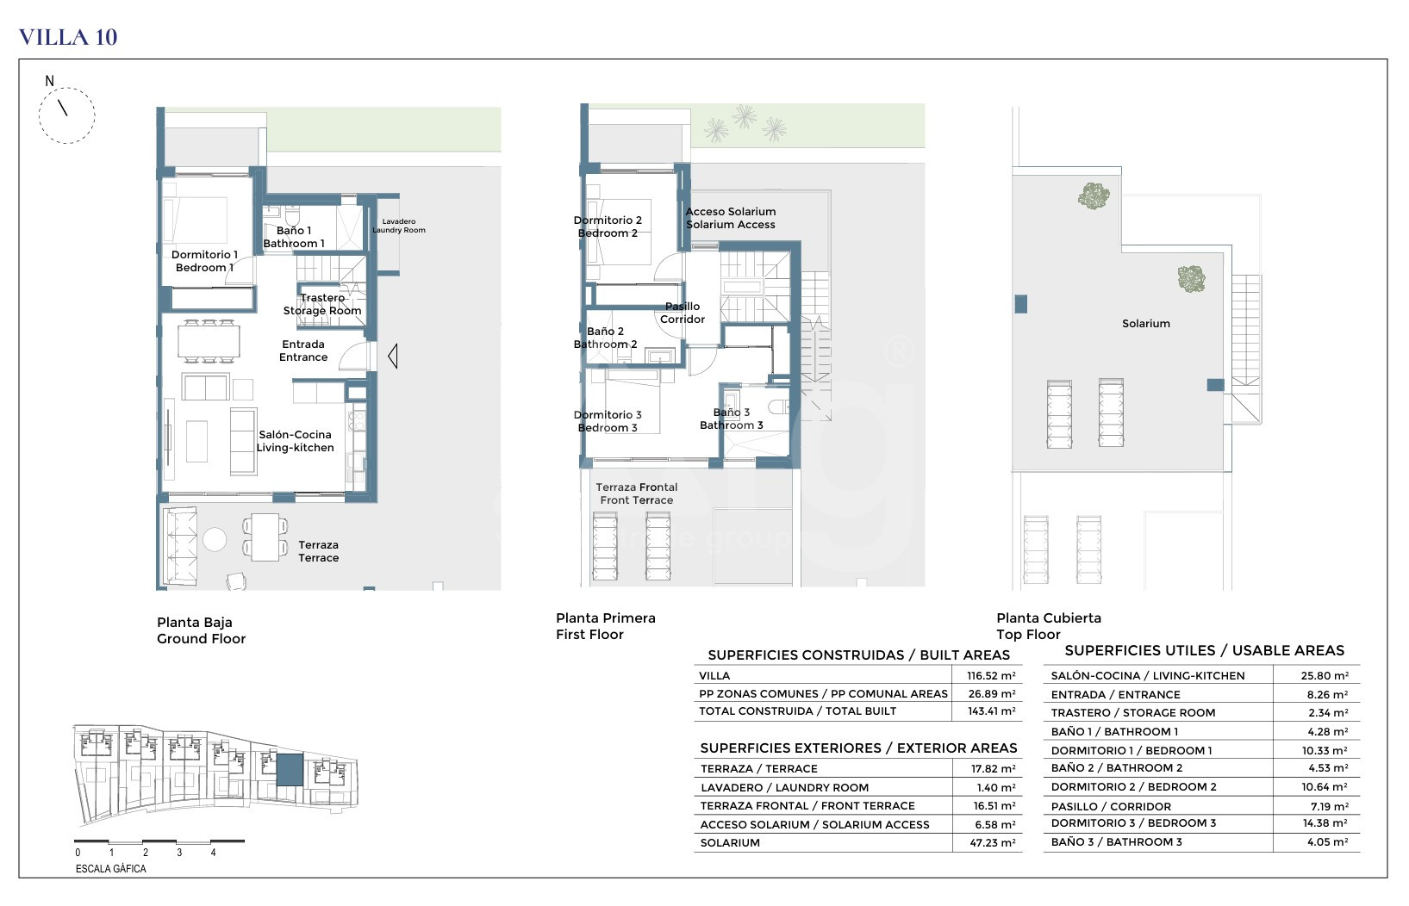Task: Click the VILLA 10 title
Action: pos(68,37)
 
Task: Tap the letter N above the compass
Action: pos(50,81)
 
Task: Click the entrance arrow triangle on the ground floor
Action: pos(392,357)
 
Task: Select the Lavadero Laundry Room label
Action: pos(399,226)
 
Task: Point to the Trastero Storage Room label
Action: pos(322,304)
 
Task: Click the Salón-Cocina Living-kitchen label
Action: pos(295,441)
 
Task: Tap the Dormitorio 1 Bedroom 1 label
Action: pos(204,261)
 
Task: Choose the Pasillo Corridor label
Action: pos(683,313)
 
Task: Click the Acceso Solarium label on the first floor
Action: pos(730,218)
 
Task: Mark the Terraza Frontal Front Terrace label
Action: pos(637,493)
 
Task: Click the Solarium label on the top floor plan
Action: pos(1146,324)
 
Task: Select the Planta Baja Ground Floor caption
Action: pos(202,630)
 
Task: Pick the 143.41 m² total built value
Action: pos(991,711)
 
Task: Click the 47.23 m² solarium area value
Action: pos(993,843)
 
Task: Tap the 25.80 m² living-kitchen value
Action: pos(1325,676)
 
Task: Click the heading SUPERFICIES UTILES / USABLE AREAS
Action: pos(1205,651)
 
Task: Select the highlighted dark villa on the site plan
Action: pos(290,770)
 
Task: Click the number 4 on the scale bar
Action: pos(213,853)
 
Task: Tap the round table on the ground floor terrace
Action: pos(215,539)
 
